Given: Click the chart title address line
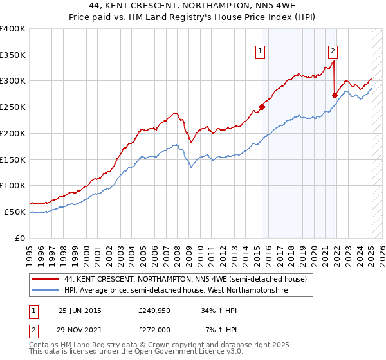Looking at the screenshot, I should [x=193, y=6].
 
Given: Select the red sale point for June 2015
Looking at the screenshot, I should [x=262, y=107].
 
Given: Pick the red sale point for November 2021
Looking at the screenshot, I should [x=335, y=95].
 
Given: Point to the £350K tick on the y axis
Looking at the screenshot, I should [x=13, y=55].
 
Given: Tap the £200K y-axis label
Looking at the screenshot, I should [x=13, y=133].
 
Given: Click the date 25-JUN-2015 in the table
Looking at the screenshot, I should [x=80, y=310].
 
